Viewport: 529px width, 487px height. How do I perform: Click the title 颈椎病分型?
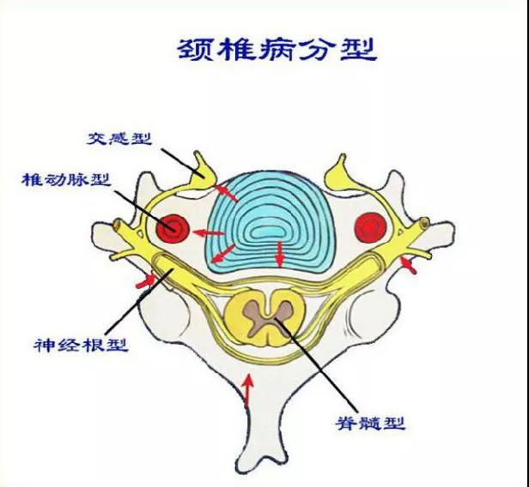point(277,50)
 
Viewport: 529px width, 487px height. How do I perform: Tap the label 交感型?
point(119,138)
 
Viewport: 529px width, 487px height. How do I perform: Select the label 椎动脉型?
point(66,180)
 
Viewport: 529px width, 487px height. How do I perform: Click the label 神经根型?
point(81,345)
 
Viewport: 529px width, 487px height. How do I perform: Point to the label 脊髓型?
point(370,423)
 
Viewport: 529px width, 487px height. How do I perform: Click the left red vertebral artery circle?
point(173,228)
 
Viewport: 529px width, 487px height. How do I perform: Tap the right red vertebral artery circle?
point(371,227)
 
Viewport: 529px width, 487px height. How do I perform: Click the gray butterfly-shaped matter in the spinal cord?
point(268,318)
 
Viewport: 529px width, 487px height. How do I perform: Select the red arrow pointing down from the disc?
point(279,254)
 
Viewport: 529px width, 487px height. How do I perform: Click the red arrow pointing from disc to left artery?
point(209,232)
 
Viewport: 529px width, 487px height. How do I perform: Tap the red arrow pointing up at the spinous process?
point(248,390)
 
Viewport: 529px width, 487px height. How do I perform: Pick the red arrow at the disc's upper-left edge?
point(227,193)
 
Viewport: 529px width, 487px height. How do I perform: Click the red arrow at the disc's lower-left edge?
point(222,254)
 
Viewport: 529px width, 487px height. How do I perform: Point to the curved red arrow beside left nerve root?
point(146,281)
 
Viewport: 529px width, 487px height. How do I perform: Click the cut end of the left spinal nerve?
point(118,223)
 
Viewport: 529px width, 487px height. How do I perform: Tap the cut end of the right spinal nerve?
point(424,223)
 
